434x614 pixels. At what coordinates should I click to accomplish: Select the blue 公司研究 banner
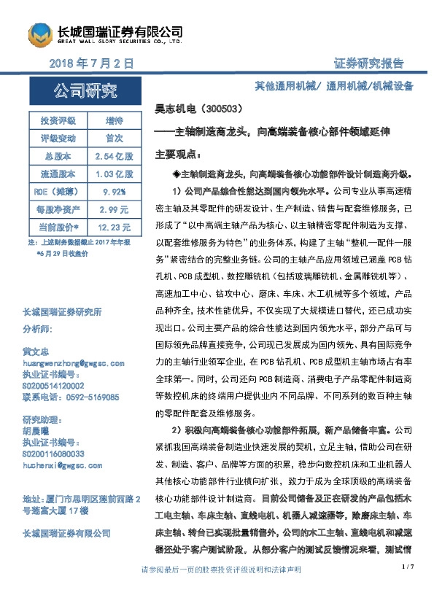click(85, 91)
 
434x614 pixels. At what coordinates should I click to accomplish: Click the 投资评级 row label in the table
click(56, 120)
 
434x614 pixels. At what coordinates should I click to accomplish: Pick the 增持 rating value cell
click(114, 120)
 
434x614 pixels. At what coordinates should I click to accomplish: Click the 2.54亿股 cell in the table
click(114, 156)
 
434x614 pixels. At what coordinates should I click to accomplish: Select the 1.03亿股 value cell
click(114, 174)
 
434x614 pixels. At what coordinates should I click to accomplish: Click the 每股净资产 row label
click(56, 209)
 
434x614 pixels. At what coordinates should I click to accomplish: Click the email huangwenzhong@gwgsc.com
click(74, 362)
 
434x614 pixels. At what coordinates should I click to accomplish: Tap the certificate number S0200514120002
click(63, 385)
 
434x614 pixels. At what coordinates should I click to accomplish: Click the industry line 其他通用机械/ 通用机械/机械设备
click(333, 86)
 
